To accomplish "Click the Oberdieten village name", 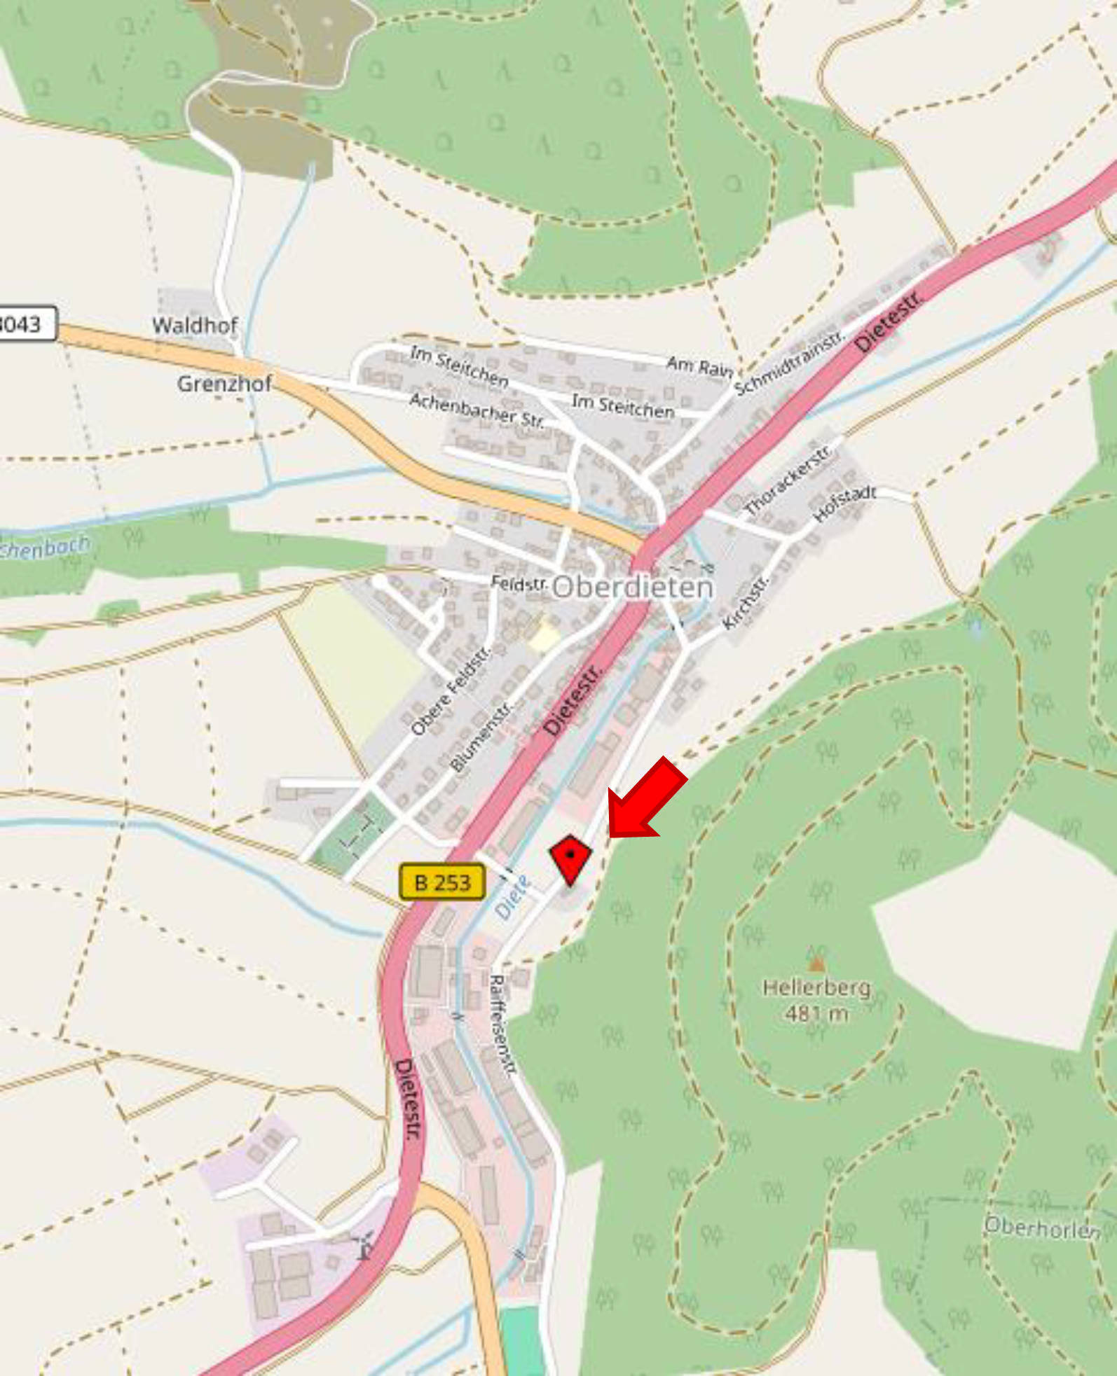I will pos(633,588).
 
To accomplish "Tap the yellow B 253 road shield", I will pos(441,882).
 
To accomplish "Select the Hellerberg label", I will pos(816,987).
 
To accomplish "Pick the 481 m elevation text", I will pos(816,1013).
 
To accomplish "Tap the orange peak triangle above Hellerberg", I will pos(816,964).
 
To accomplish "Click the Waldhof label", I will pos(195,326).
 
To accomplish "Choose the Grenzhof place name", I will pos(224,384).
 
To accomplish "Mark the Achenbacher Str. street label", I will pos(477,410).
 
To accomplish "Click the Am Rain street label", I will pos(699,366).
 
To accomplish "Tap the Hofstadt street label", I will pos(844,503).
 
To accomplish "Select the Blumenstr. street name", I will pos(481,737).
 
